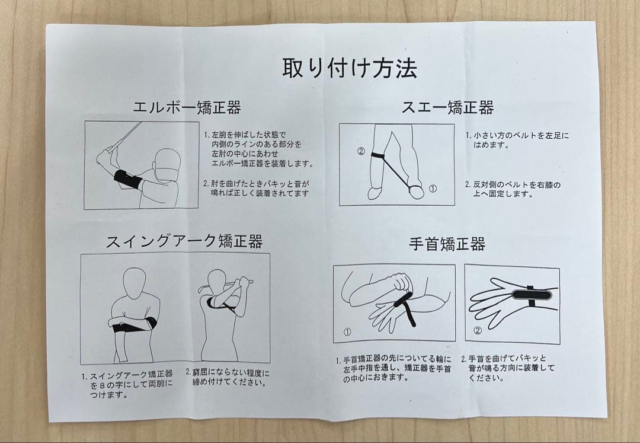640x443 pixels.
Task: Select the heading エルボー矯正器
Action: pyautogui.click(x=186, y=107)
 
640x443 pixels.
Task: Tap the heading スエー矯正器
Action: pyautogui.click(x=447, y=107)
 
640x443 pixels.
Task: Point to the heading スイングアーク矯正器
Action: pyautogui.click(x=184, y=241)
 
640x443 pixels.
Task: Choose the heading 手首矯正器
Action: pyautogui.click(x=447, y=244)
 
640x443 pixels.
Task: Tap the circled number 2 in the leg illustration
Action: pyautogui.click(x=360, y=151)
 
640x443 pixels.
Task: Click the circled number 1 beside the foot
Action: pyautogui.click(x=433, y=189)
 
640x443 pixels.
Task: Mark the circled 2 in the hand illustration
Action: pyautogui.click(x=478, y=330)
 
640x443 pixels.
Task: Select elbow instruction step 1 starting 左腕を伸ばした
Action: pyautogui.click(x=258, y=149)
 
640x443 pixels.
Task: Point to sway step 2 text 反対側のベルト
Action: pyautogui.click(x=513, y=189)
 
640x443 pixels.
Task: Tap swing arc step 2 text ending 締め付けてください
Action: pyautogui.click(x=227, y=377)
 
